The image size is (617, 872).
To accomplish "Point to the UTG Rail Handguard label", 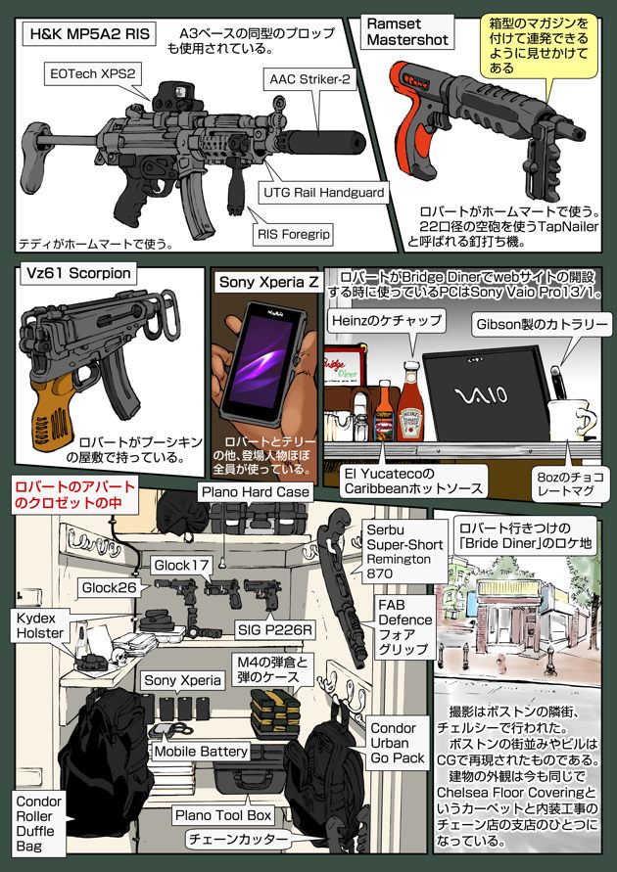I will [x=323, y=193].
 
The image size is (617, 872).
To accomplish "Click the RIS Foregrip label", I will [x=294, y=235].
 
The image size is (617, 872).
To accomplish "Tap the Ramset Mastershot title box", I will [x=406, y=31].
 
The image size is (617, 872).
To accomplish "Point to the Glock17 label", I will [x=181, y=565].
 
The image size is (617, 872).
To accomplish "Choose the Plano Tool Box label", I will [x=222, y=814].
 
